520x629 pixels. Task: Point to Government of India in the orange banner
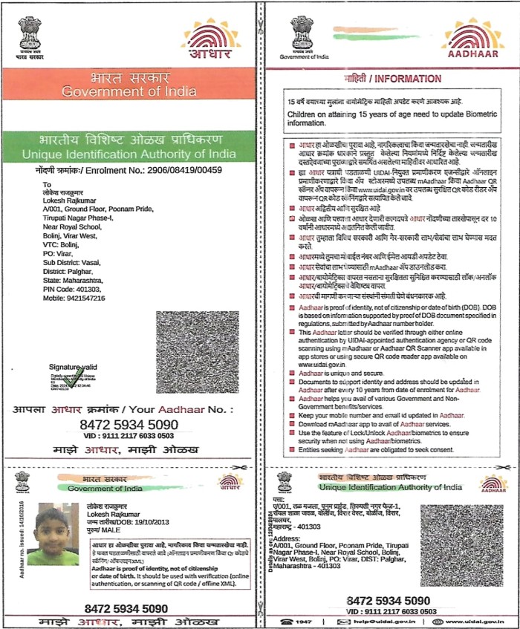pos(129,91)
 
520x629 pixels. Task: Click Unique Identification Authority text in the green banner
pos(129,153)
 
